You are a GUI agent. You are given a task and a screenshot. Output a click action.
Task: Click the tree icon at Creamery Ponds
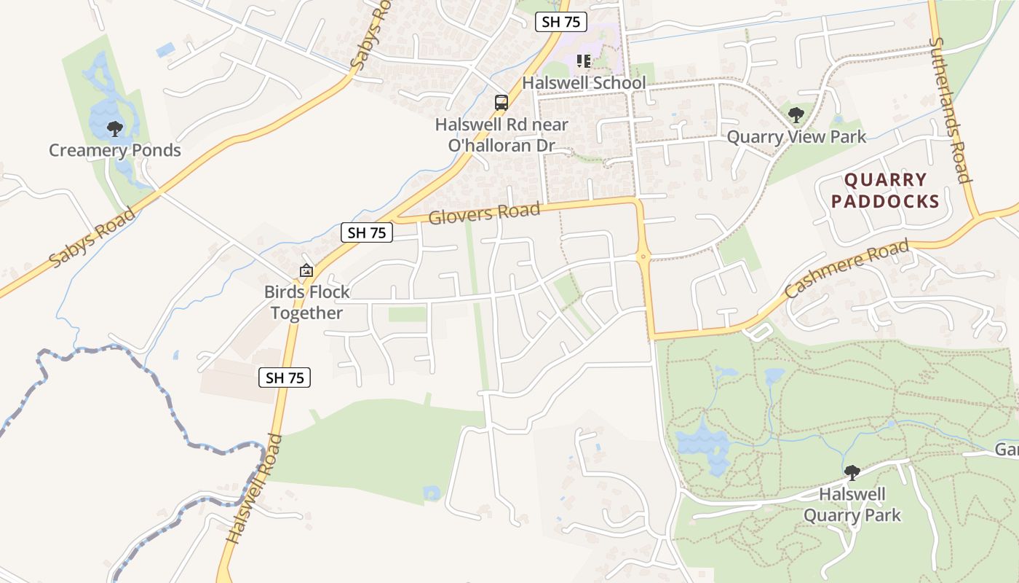pyautogui.click(x=114, y=129)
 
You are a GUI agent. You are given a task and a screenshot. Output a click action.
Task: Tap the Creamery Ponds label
pyautogui.click(x=115, y=151)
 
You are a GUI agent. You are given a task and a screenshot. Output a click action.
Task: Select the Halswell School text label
pyautogui.click(x=584, y=83)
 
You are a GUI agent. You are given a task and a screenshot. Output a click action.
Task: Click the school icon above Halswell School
pyautogui.click(x=583, y=61)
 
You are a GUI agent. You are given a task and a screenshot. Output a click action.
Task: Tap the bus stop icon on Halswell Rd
pyautogui.click(x=501, y=102)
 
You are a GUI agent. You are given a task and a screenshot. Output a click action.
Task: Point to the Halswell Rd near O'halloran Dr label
pyautogui.click(x=501, y=135)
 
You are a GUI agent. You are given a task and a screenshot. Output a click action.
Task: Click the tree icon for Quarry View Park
pyautogui.click(x=796, y=115)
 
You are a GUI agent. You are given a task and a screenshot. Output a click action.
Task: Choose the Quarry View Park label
pyautogui.click(x=797, y=137)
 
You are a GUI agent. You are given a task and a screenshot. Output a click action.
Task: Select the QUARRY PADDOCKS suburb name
pyautogui.click(x=886, y=190)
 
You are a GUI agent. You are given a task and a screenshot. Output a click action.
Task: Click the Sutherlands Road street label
pyautogui.click(x=950, y=111)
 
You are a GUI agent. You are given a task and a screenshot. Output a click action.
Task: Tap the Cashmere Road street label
pyautogui.click(x=847, y=269)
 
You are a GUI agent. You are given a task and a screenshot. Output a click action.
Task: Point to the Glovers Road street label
pyautogui.click(x=485, y=214)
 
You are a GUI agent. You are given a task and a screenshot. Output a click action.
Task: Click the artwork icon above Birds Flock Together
pyautogui.click(x=306, y=270)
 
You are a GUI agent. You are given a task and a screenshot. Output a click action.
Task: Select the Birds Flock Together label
pyautogui.click(x=306, y=302)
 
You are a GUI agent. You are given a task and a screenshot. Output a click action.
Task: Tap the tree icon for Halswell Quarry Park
pyautogui.click(x=852, y=473)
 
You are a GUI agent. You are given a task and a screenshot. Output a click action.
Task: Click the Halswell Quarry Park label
pyautogui.click(x=852, y=505)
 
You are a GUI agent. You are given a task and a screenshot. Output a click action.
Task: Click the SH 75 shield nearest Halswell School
pyautogui.click(x=561, y=22)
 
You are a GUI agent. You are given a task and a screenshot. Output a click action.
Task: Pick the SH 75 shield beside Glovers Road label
pyautogui.click(x=367, y=232)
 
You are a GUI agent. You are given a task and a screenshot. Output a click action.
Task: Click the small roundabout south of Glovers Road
pyautogui.click(x=643, y=257)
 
